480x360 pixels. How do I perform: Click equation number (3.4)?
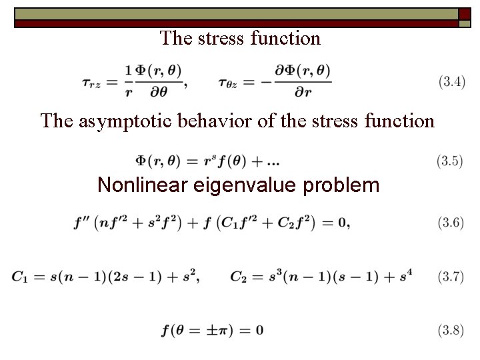click(x=451, y=83)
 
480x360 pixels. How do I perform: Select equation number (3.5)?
click(x=450, y=161)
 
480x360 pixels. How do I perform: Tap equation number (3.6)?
click(x=450, y=223)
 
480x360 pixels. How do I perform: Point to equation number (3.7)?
click(x=450, y=277)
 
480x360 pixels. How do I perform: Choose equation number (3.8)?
click(x=450, y=330)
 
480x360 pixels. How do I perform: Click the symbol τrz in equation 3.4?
click(x=92, y=83)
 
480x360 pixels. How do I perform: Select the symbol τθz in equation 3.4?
click(x=229, y=83)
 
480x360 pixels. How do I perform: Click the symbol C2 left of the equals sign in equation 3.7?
click(x=239, y=277)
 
